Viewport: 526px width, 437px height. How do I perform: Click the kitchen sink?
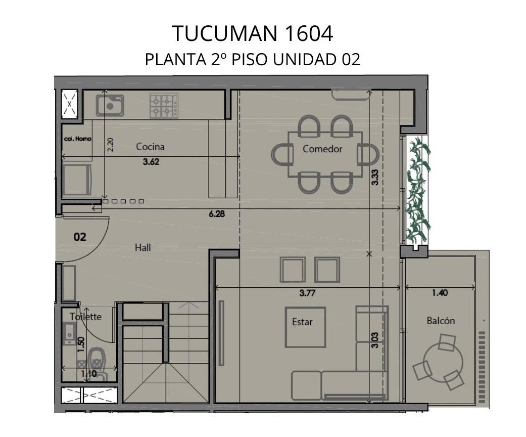click(x=110, y=105)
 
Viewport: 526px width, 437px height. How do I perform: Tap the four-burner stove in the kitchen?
click(x=164, y=106)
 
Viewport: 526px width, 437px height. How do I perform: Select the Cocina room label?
click(x=150, y=147)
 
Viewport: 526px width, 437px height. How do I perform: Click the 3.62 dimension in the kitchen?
click(x=151, y=161)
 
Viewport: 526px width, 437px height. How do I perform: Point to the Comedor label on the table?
click(x=322, y=149)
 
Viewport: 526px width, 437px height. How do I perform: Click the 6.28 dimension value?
click(x=217, y=213)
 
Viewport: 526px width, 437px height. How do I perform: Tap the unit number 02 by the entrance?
click(x=80, y=237)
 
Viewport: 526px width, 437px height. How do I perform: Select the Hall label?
click(x=142, y=247)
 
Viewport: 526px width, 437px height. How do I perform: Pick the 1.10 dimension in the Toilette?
click(x=89, y=373)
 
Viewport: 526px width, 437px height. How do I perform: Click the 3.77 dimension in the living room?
click(x=307, y=293)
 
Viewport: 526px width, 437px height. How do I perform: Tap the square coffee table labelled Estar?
click(x=305, y=327)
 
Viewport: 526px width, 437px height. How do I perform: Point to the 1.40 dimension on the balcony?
click(x=440, y=293)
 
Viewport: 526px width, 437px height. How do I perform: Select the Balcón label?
click(x=441, y=321)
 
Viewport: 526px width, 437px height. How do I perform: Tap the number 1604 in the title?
click(x=309, y=33)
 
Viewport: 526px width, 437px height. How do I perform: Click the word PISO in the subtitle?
click(x=250, y=60)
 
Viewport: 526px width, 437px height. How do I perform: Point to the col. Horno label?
click(x=77, y=139)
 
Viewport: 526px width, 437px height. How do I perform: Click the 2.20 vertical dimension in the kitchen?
click(x=110, y=145)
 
